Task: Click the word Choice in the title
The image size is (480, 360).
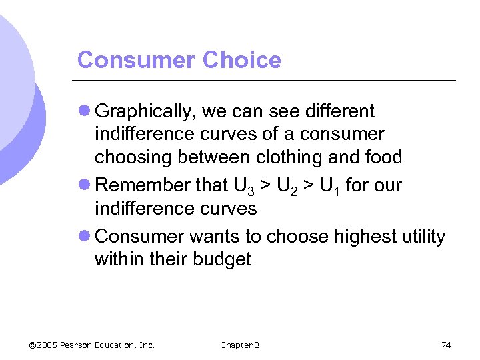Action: point(242,60)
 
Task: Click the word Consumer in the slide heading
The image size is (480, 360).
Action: point(137,60)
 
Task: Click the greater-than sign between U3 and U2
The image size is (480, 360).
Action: point(263,185)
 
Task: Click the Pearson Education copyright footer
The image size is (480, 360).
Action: point(92,345)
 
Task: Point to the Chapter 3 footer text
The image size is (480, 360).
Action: point(239,345)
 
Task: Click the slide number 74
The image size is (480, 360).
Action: point(446,345)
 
